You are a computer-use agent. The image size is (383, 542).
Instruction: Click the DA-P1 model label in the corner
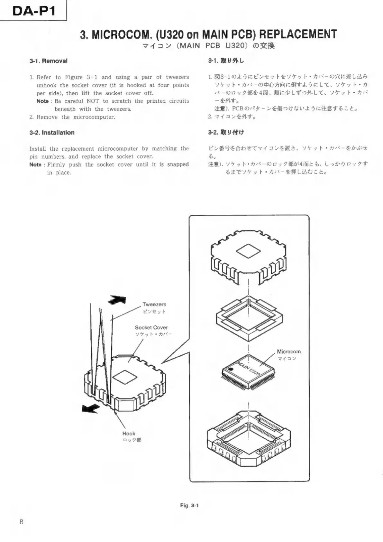pos(33,11)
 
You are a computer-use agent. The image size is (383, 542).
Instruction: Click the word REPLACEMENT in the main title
pos(298,34)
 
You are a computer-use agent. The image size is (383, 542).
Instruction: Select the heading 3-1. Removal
pos(48,61)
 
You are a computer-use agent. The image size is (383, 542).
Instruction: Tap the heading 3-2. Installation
pos(52,133)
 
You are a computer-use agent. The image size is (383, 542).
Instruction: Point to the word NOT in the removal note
pos(93,101)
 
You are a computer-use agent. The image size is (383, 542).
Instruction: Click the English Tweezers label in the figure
pos(154,304)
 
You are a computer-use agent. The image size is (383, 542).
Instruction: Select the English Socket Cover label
pos(151,327)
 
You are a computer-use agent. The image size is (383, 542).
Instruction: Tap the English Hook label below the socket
pos(129,434)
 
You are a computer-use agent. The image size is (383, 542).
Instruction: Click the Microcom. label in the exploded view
pos(289,352)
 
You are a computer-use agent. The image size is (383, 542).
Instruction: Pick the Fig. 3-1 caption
pos(189,506)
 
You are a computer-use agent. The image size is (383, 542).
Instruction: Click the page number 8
pos(21,522)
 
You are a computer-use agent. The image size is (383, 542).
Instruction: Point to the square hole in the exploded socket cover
pos(247,251)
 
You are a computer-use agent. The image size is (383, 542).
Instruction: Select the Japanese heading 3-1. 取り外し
pos(226,61)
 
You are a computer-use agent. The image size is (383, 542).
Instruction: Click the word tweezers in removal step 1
pos(177,77)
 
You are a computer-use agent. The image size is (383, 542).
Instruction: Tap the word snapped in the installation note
pos(178,164)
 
